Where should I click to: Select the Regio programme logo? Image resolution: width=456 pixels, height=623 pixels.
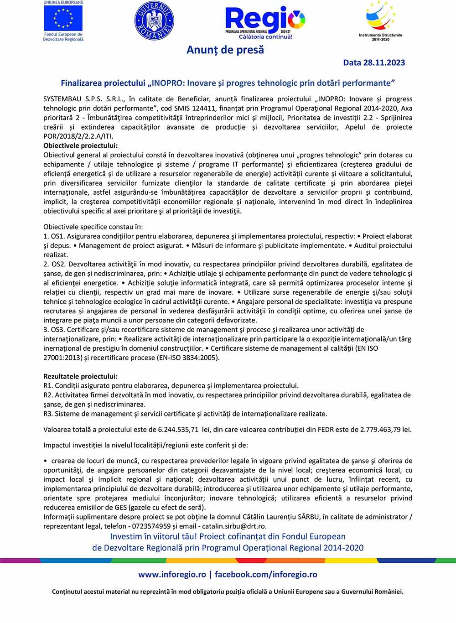click(x=265, y=21)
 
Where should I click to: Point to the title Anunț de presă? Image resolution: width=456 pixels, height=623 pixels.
click(x=225, y=50)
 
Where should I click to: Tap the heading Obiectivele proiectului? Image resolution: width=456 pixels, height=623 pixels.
click(x=80, y=145)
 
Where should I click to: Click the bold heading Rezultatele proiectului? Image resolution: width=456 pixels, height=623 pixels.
click(x=80, y=376)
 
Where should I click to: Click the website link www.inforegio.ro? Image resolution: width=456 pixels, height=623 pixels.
click(x=172, y=575)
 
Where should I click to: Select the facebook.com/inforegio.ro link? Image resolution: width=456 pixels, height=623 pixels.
click(x=266, y=575)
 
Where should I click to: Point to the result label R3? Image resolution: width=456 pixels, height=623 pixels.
click(x=48, y=414)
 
